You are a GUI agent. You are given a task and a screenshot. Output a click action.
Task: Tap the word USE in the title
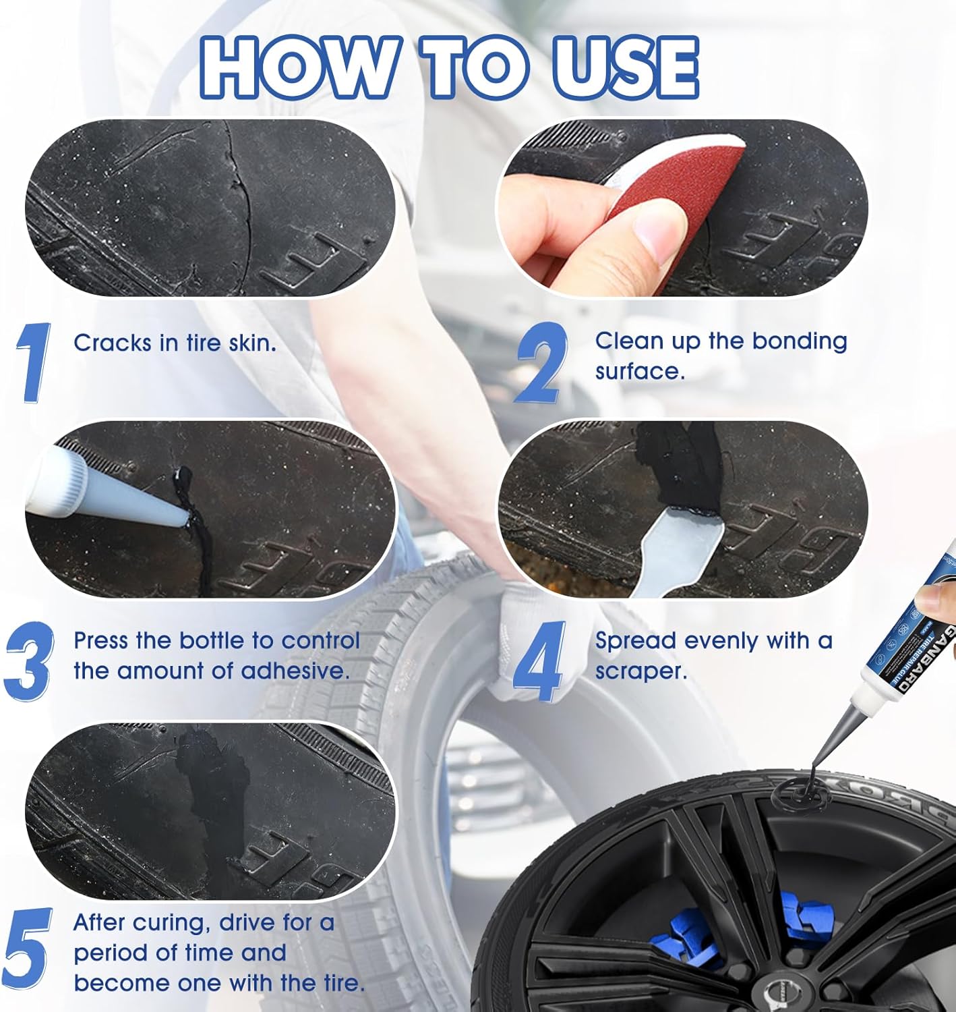(x=624, y=67)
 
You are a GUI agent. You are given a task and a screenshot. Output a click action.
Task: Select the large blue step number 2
(x=541, y=362)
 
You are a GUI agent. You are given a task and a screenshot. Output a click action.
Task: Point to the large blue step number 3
(x=30, y=660)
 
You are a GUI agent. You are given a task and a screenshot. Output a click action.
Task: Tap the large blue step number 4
(x=540, y=660)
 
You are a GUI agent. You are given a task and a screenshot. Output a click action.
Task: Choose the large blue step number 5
(x=28, y=947)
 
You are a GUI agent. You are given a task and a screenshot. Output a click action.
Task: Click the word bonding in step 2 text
(x=799, y=341)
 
